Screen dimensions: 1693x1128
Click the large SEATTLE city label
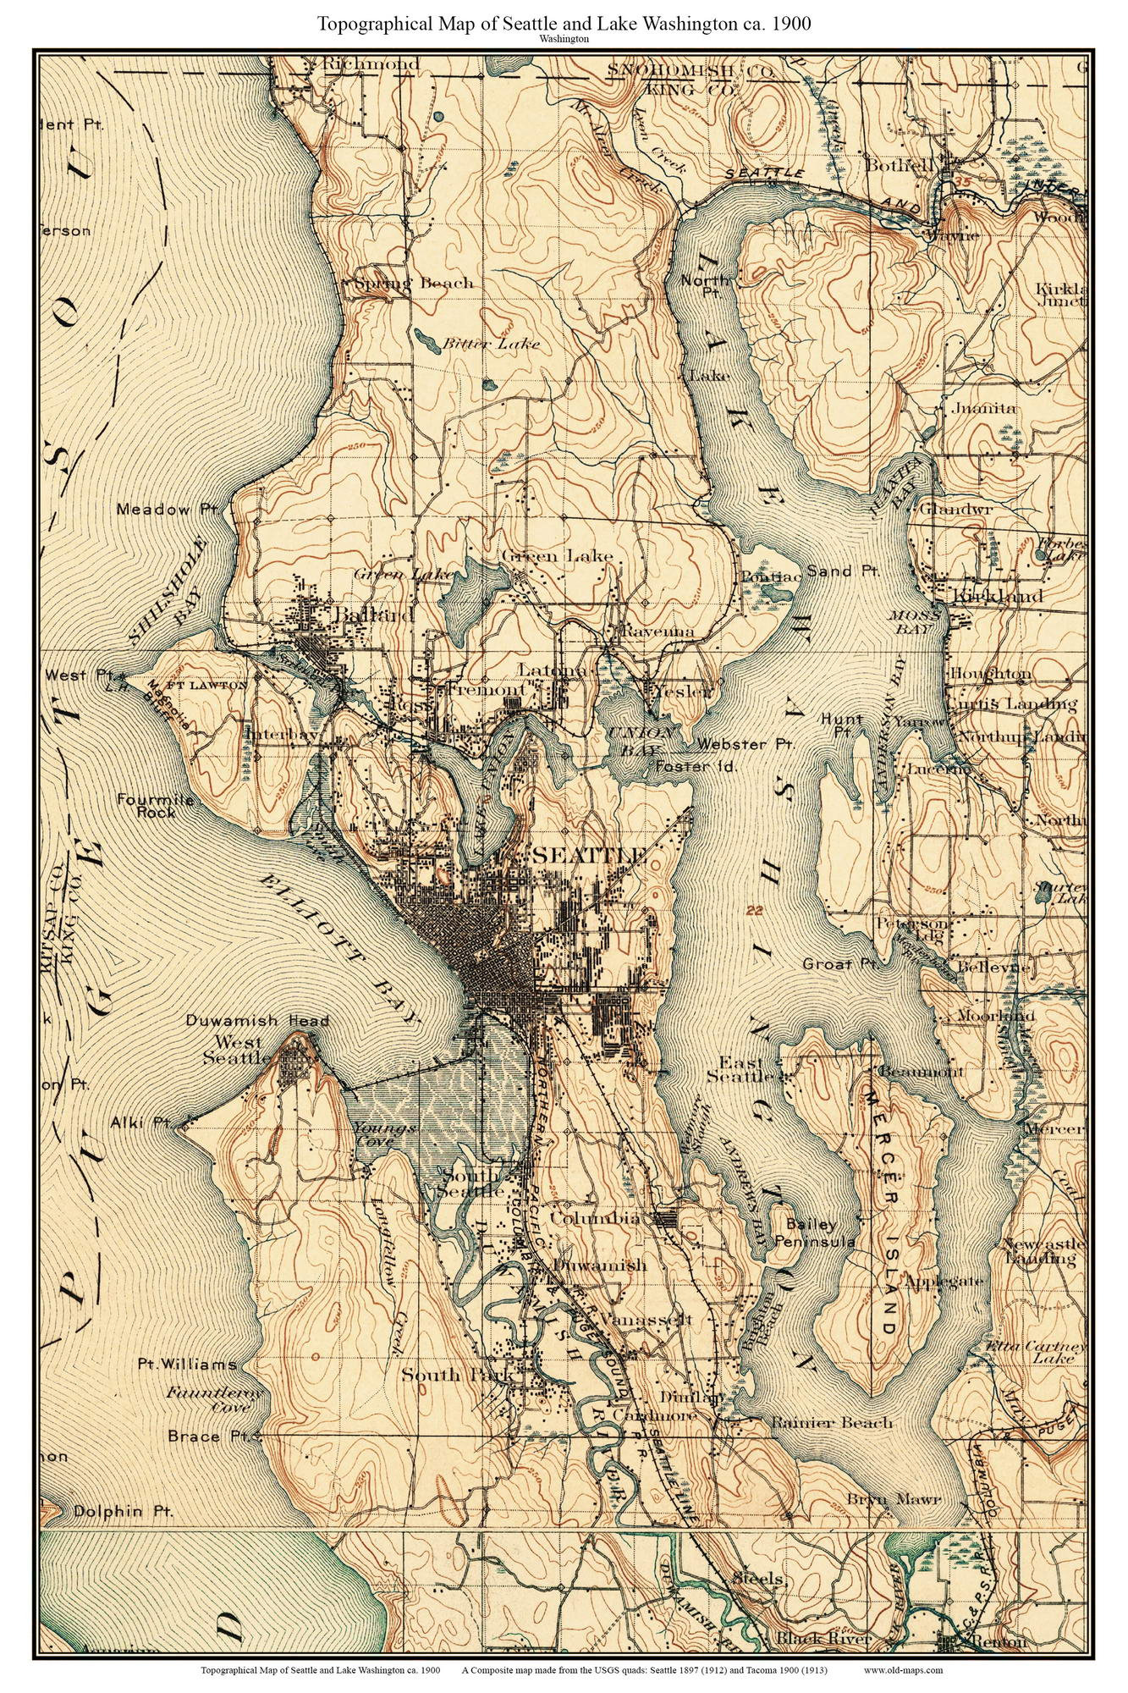(589, 855)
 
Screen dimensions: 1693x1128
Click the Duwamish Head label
(256, 1021)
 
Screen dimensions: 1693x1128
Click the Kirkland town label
(997, 596)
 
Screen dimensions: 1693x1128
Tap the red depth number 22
(757, 910)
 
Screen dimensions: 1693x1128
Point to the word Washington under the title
(564, 39)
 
